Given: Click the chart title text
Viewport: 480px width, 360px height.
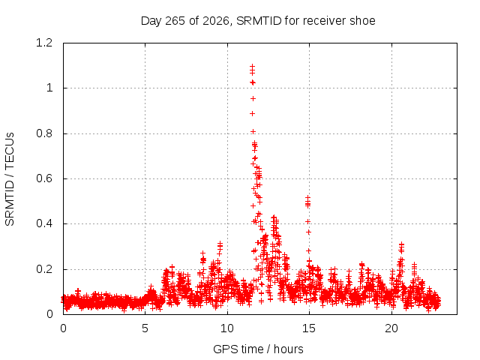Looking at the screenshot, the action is click(x=258, y=21).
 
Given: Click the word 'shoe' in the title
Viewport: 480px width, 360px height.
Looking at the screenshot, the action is click(x=364, y=21).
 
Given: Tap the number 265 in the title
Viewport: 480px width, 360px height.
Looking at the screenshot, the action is click(x=175, y=21).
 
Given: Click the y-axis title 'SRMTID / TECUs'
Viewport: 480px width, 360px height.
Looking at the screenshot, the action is click(x=10, y=179).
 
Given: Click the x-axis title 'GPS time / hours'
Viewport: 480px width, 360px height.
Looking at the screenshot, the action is click(x=258, y=349).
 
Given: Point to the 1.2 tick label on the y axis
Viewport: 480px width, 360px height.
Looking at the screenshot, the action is click(x=44, y=43).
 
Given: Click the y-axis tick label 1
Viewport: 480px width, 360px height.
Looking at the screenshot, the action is click(x=49, y=88).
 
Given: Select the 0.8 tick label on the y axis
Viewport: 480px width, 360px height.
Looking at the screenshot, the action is click(x=44, y=133).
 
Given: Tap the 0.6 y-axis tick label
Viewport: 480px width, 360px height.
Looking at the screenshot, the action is click(x=44, y=178).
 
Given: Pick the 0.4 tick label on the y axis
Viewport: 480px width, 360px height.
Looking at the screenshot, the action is click(x=44, y=223).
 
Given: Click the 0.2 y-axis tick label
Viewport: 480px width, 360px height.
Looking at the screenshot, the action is click(x=44, y=269).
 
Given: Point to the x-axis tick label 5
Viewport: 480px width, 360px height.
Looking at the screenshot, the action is click(x=145, y=328).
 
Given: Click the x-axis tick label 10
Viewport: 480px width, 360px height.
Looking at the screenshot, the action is click(x=227, y=328).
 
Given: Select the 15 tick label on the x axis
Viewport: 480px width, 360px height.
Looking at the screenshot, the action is click(x=309, y=328).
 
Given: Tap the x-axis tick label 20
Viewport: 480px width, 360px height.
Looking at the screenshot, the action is click(x=391, y=328).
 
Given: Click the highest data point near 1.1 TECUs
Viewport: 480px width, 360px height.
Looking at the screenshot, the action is click(x=252, y=67).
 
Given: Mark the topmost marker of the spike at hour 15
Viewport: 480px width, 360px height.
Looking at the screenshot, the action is click(x=307, y=198).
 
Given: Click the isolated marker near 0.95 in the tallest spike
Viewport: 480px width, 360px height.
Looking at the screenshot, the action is click(x=253, y=98).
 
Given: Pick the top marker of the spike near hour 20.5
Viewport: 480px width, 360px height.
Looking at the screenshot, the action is click(x=401, y=244).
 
